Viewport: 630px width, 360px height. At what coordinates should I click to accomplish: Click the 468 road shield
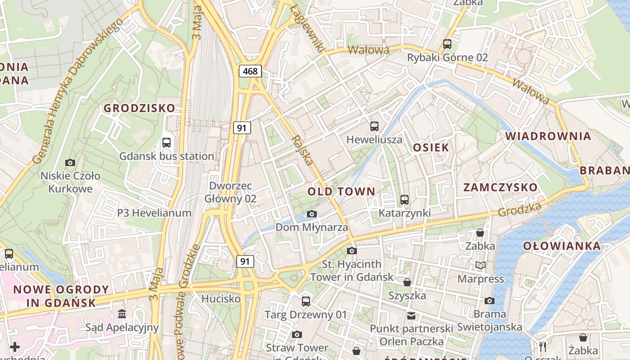click(250, 71)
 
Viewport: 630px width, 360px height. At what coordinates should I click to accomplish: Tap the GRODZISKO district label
click(139, 108)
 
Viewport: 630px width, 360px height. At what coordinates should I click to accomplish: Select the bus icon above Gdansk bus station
click(166, 143)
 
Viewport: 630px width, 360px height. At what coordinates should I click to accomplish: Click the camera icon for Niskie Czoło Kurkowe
click(70, 162)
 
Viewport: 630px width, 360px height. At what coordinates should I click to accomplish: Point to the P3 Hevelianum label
click(154, 213)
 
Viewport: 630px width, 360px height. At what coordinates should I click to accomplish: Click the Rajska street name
click(302, 149)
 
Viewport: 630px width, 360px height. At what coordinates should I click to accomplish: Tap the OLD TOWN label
click(341, 192)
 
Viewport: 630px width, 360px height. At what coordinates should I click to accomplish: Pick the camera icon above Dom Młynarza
click(311, 214)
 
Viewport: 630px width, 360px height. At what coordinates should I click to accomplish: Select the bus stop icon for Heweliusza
click(374, 126)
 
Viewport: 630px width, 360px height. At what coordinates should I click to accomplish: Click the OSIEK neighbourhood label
click(431, 148)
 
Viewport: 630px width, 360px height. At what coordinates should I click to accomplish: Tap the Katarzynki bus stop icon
click(405, 199)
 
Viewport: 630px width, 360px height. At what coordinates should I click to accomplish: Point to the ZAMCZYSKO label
click(500, 188)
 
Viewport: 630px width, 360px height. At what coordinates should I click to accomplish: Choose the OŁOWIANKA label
click(562, 246)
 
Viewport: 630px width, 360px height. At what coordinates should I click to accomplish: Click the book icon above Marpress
click(481, 265)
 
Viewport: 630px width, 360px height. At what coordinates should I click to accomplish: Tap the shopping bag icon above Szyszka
click(407, 282)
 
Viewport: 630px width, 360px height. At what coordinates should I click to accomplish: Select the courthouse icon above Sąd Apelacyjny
click(122, 314)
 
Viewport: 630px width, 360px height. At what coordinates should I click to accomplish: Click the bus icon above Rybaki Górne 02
click(447, 44)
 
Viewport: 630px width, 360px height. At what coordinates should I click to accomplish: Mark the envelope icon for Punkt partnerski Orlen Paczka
click(411, 315)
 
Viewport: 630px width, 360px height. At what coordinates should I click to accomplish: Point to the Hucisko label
click(221, 299)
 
